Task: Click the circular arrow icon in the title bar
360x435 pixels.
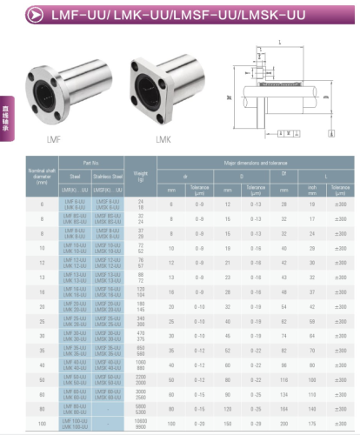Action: pyautogui.click(x=34, y=15)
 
